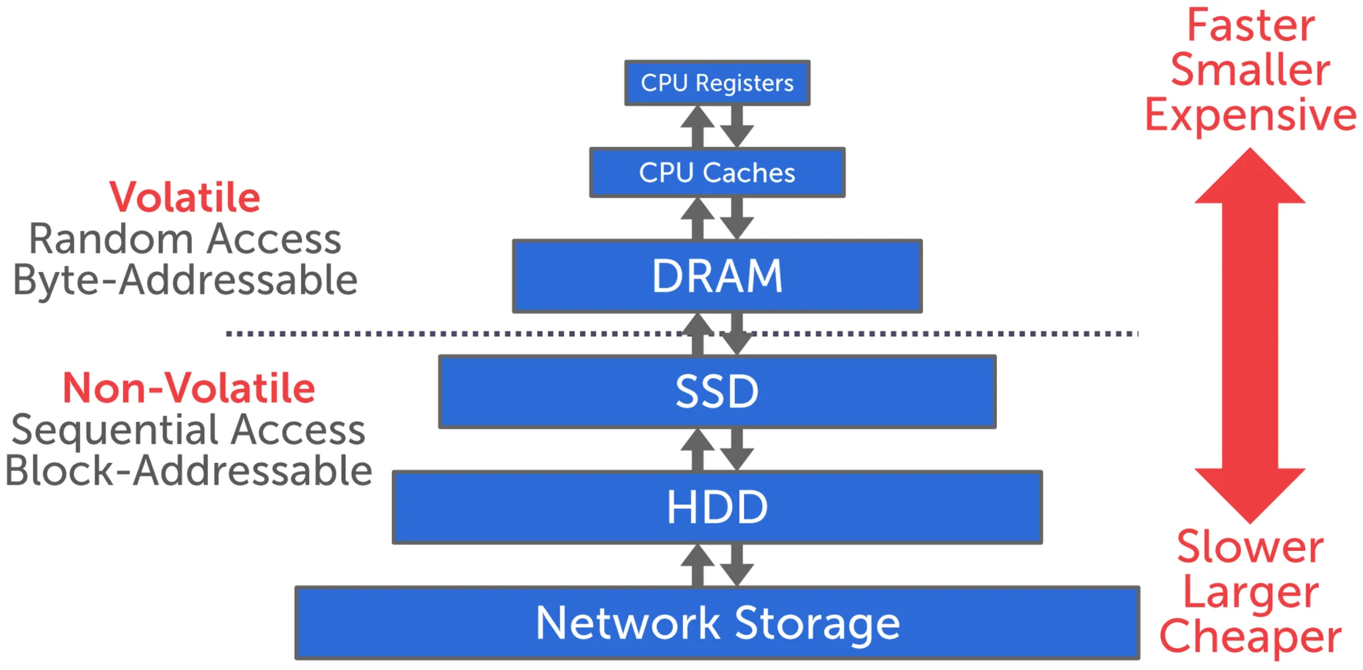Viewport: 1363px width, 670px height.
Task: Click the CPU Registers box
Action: coord(717,83)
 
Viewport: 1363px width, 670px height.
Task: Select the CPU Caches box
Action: coord(717,172)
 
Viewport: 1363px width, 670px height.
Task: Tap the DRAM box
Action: coord(717,276)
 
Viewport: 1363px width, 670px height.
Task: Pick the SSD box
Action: coord(717,391)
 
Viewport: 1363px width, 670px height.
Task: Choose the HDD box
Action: coord(717,507)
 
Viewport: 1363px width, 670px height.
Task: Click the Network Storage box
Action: coord(717,623)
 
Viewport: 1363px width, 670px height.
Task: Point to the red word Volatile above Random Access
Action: coord(185,198)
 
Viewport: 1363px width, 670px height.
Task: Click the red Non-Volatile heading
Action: coord(188,388)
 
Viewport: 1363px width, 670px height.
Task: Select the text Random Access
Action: coord(185,239)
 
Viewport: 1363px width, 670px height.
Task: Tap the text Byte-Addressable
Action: coord(185,279)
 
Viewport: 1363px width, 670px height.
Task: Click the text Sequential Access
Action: coord(188,430)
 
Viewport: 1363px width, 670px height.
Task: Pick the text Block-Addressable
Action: coord(188,471)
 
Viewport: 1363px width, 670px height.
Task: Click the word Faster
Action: coord(1251,26)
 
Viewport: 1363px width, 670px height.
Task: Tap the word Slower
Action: coord(1250,548)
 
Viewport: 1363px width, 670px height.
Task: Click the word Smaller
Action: coord(1251,70)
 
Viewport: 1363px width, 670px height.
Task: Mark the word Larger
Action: coord(1250,592)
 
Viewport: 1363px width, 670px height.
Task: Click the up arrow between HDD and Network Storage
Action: coord(697,564)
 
